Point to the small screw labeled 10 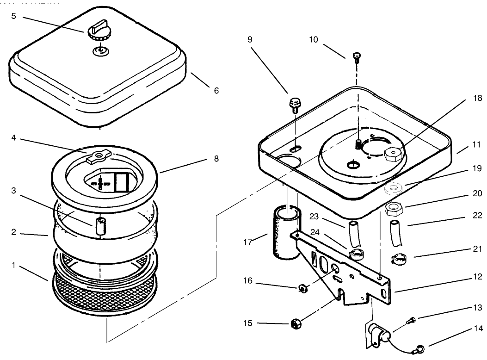[x=357, y=56]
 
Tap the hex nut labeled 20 [x=393, y=210]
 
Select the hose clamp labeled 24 [x=356, y=254]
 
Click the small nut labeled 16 [x=302, y=289]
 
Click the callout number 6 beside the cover [x=216, y=91]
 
